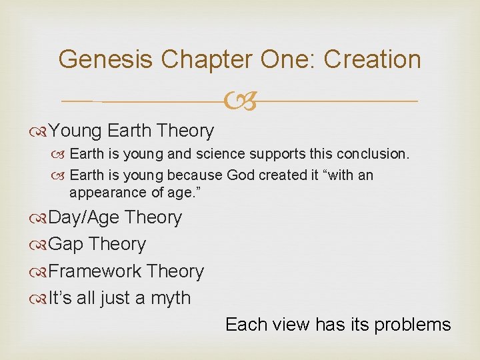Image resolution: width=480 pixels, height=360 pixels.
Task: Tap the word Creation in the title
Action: pyautogui.click(x=373, y=59)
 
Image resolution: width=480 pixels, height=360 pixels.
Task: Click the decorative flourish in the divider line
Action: pyautogui.click(x=240, y=102)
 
